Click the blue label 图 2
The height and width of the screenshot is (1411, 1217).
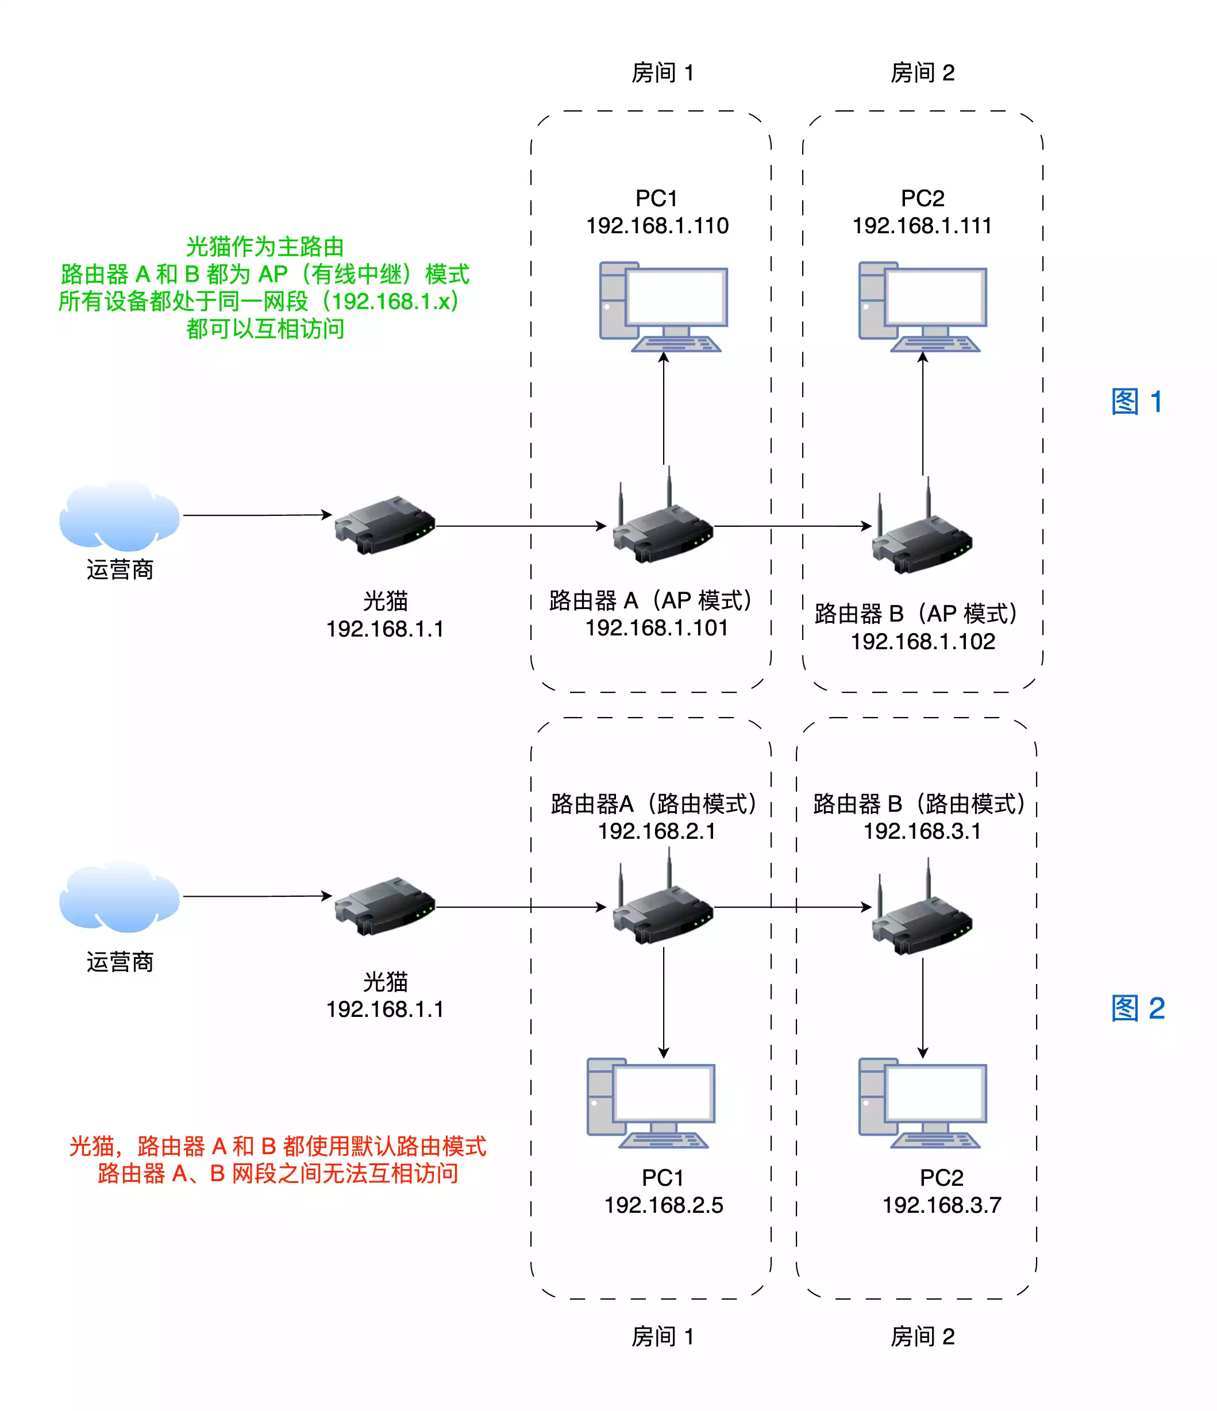[x=1137, y=1008]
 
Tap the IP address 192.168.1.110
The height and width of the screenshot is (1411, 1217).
[x=657, y=225]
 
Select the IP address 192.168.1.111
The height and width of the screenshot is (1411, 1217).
[x=922, y=225]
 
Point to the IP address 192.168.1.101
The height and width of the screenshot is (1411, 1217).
[x=657, y=627]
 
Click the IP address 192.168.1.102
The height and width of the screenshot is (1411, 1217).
[x=922, y=641]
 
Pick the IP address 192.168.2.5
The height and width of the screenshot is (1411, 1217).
[x=663, y=1205]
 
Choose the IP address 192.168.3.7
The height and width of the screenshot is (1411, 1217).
[x=941, y=1205]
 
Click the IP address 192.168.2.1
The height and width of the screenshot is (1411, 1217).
[x=657, y=831]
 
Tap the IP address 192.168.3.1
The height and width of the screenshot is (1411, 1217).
[x=922, y=831]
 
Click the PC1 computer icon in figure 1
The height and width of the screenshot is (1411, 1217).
[x=663, y=306]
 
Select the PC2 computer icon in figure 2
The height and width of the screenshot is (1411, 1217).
[x=922, y=1102]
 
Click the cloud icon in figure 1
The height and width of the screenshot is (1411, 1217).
[x=119, y=515]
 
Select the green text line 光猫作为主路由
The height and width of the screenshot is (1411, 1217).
[x=264, y=246]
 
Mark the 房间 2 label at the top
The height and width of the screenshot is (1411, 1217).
[x=922, y=73]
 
